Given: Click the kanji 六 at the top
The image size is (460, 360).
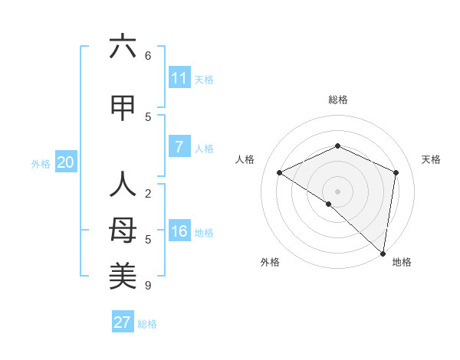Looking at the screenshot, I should (123, 47).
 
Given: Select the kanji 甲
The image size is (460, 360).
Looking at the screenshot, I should (123, 108).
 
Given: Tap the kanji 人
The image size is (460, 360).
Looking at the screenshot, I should (123, 185).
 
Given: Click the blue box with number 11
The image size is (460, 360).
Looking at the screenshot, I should (179, 78).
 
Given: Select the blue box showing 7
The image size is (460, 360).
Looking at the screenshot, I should (179, 147).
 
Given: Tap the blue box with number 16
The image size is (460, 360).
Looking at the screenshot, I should (179, 231).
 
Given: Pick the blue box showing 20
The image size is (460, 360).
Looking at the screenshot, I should (66, 162).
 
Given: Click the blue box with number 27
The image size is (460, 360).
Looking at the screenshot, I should (123, 322).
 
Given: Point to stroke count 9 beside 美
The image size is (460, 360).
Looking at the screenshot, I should (148, 286).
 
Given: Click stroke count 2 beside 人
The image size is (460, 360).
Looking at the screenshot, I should (148, 194).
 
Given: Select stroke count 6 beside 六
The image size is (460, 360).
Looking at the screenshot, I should (148, 56).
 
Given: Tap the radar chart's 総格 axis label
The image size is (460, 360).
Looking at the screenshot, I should (338, 100).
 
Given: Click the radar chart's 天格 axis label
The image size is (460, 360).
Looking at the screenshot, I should (431, 159).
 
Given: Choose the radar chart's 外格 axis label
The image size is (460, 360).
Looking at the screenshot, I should (270, 262).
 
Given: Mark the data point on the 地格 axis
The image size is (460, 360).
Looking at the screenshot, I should (383, 253).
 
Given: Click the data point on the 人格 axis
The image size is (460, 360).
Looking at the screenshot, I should (280, 172).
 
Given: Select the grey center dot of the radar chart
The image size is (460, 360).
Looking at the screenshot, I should (337, 191).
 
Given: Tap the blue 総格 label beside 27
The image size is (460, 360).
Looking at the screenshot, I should (147, 324).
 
